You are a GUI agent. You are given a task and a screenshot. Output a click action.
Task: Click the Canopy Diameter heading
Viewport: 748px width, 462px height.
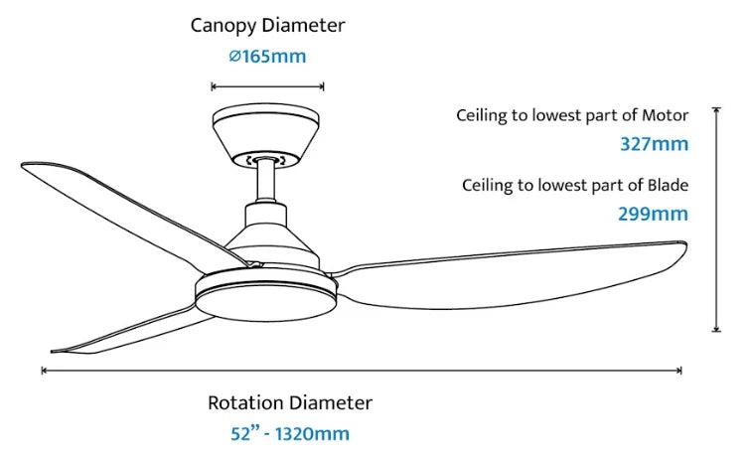click(267, 26)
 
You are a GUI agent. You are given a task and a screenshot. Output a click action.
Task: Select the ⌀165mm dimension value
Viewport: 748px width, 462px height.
click(267, 57)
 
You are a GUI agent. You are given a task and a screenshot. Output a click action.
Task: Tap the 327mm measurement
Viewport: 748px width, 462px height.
click(654, 144)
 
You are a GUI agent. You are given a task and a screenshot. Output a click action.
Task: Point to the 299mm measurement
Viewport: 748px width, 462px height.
click(653, 214)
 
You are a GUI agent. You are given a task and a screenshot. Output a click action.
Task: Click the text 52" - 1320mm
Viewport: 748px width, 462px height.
click(290, 433)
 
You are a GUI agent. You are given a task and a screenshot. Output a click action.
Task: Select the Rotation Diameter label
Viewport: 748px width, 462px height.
click(290, 402)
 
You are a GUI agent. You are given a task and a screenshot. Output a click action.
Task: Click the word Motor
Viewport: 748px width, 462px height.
click(665, 115)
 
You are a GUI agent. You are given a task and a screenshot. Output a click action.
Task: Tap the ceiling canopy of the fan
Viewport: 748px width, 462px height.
click(265, 136)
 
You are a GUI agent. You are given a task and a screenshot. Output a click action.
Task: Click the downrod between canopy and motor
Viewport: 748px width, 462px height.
click(265, 182)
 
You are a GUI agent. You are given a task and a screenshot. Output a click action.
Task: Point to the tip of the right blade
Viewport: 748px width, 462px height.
click(686, 243)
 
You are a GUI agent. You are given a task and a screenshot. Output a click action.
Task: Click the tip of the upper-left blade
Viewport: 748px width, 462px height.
click(22, 165)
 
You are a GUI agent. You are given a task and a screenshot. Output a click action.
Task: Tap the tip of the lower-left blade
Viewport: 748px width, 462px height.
click(52, 352)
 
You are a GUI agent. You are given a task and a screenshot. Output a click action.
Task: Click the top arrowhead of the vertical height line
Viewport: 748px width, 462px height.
click(716, 109)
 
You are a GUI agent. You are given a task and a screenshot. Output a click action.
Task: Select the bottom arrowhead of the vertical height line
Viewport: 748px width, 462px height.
click(716, 330)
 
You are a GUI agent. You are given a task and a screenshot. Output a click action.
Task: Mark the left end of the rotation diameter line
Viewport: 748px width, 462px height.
click(43, 371)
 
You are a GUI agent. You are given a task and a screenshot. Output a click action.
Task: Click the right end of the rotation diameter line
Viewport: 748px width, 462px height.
click(681, 371)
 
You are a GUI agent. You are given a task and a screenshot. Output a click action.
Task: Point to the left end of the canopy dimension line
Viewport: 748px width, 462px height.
click(212, 86)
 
